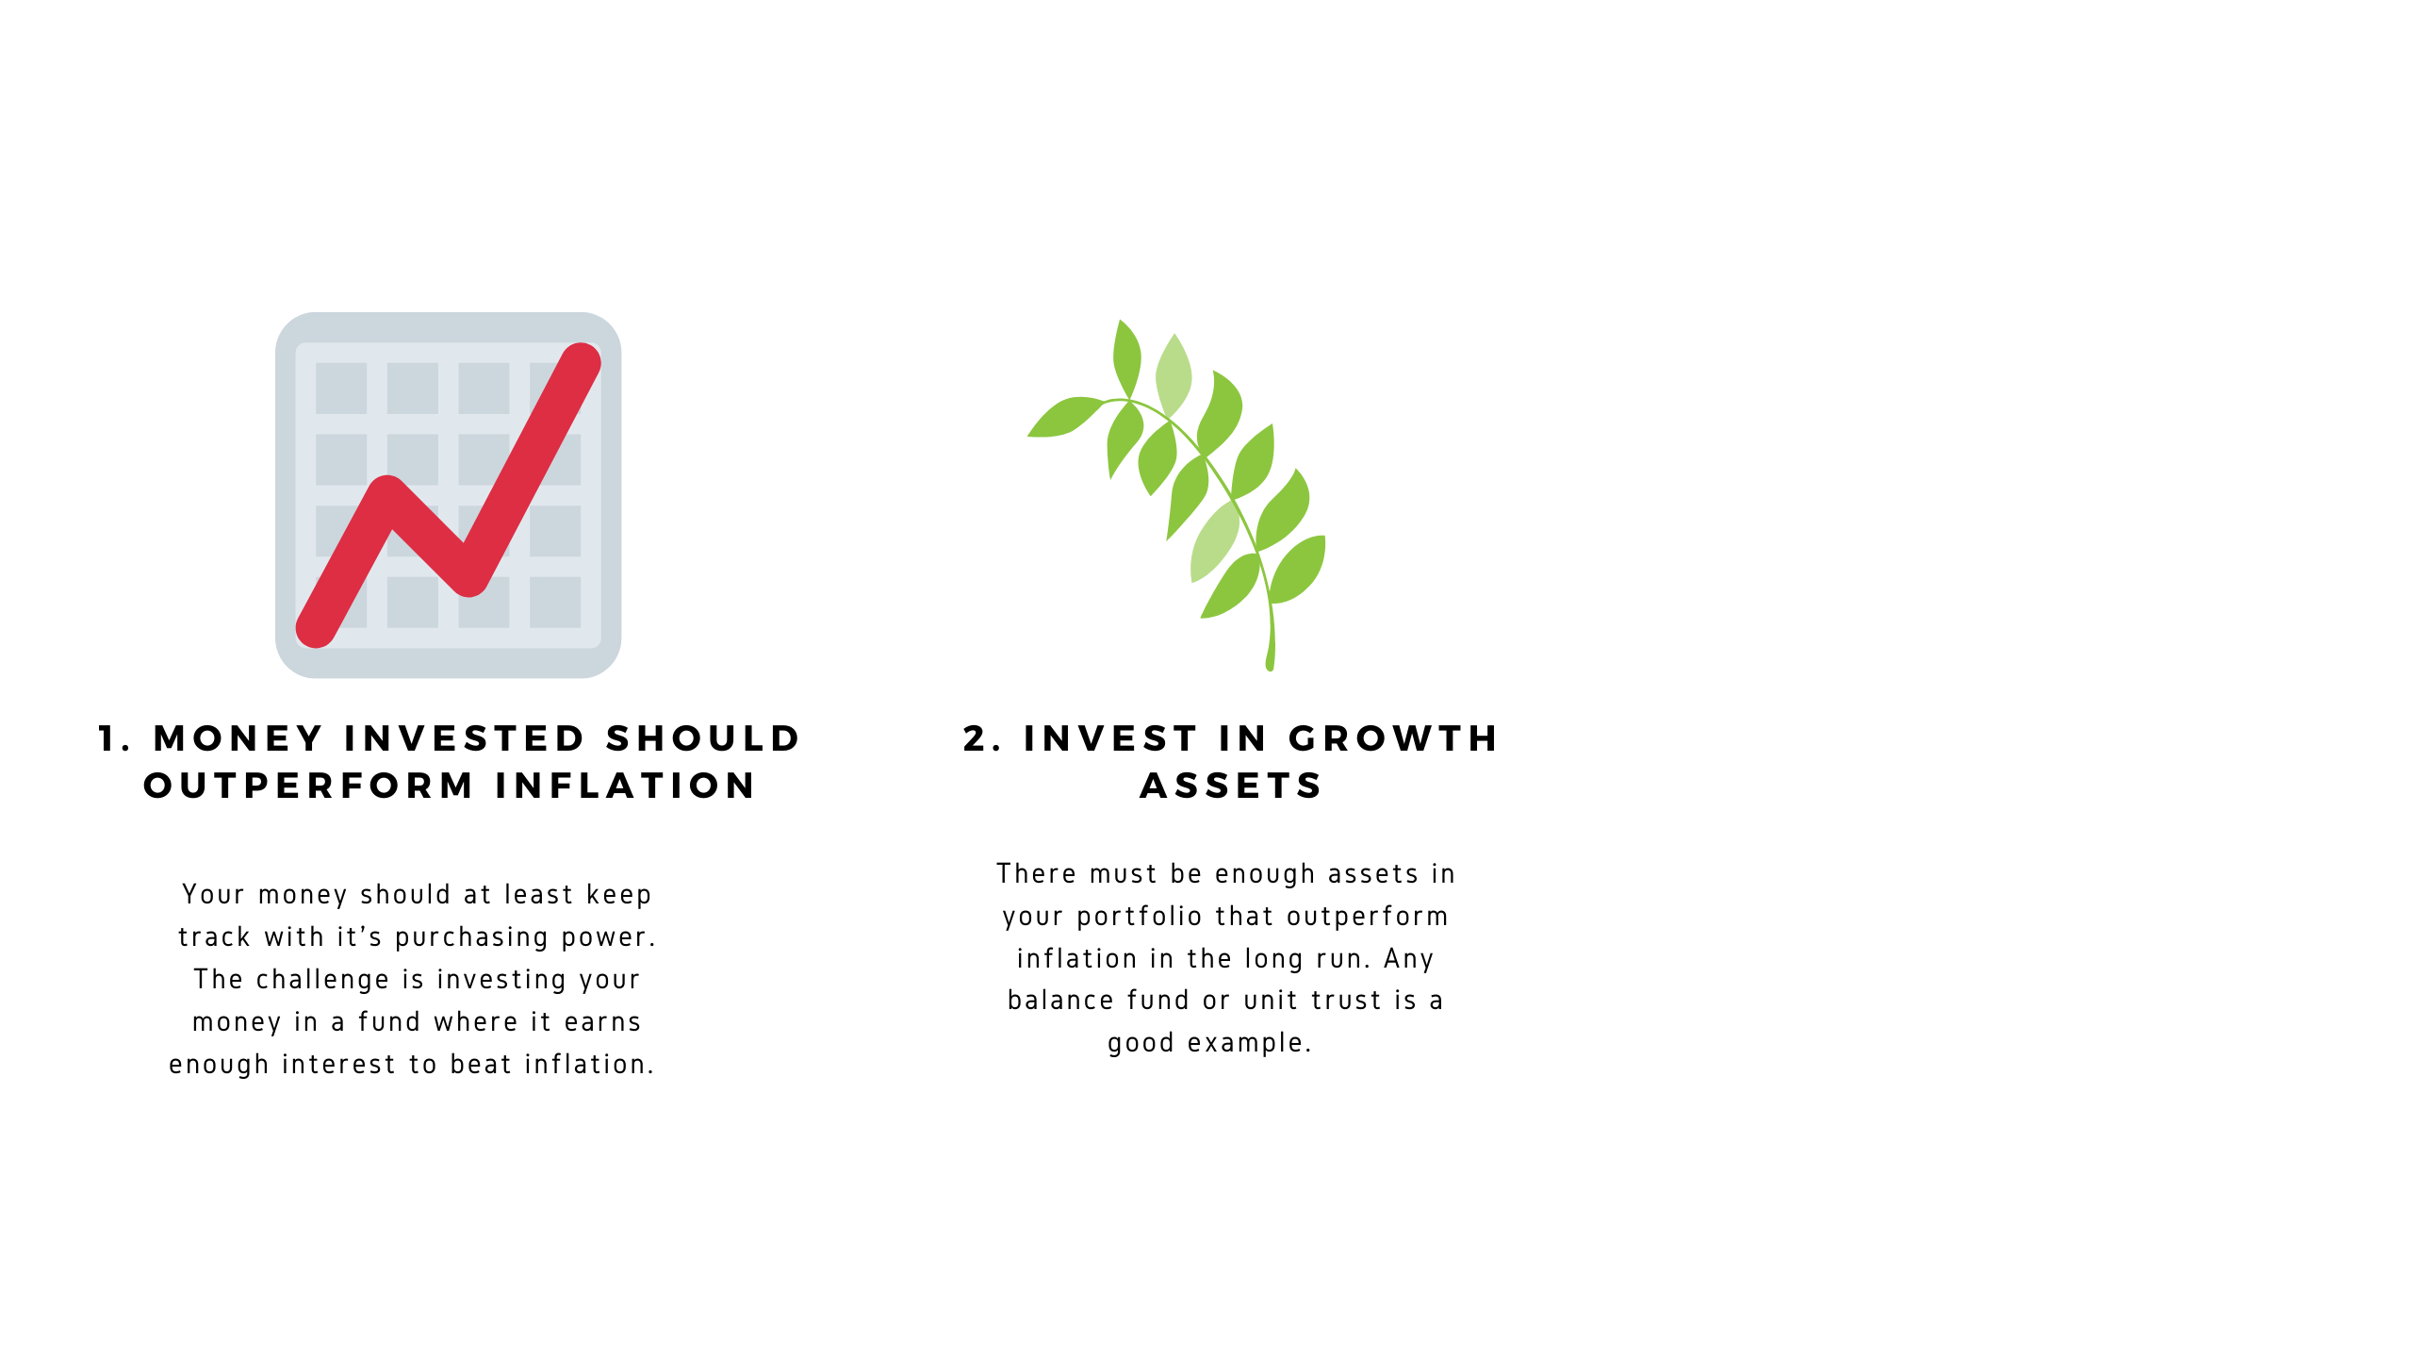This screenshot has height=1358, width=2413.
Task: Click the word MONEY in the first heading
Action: coord(238,738)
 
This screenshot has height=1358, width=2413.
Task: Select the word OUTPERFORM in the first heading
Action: coord(308,786)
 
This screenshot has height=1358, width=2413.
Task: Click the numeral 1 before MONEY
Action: coord(109,738)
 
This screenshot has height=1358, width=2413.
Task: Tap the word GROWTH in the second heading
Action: coord(1393,738)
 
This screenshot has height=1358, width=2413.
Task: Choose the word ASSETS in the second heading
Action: coord(1231,786)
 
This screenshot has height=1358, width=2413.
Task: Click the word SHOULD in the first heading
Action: coord(703,738)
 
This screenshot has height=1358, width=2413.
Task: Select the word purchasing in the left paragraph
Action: coord(471,937)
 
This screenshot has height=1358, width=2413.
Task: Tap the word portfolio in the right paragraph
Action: coord(1140,917)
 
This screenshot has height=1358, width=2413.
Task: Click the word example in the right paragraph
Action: coord(1249,1043)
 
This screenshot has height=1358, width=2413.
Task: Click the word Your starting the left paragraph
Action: coord(213,894)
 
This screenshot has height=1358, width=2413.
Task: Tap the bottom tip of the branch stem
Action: coord(1271,669)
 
